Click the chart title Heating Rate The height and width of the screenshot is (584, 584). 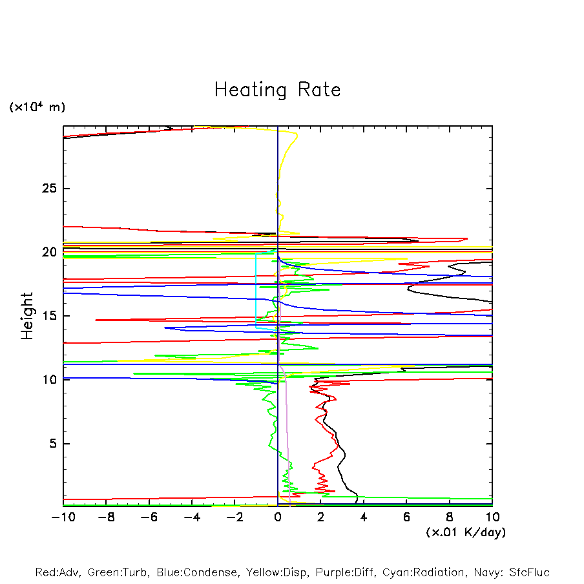277,90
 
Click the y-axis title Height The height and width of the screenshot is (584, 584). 27,316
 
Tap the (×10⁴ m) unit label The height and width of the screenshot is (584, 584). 37,107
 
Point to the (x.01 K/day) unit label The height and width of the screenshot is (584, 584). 465,532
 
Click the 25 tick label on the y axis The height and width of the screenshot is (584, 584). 49,189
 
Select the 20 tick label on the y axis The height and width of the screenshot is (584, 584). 49,252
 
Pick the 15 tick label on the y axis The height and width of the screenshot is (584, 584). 49,316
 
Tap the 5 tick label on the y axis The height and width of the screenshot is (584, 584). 53,444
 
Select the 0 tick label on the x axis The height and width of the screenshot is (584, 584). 278,517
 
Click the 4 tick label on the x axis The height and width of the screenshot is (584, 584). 364,517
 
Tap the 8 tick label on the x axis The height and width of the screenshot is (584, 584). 450,517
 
